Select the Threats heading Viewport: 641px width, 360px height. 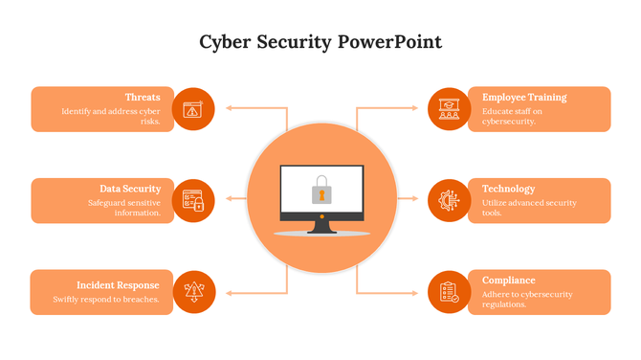142,97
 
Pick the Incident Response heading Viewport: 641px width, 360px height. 118,285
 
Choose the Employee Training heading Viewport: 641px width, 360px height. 524,97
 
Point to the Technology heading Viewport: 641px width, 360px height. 508,189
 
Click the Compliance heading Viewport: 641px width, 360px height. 508,281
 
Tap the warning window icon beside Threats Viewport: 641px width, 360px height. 193,108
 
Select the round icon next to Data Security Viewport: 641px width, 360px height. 193,200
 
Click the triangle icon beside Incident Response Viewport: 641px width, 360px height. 193,291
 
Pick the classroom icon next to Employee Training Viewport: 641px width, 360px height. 448,108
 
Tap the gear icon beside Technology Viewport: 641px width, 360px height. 448,200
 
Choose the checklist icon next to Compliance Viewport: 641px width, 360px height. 448,291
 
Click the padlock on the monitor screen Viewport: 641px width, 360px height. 321,190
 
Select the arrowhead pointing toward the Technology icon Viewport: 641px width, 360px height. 415,199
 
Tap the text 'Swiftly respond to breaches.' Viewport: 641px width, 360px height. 105,299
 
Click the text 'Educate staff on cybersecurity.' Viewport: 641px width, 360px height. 514,117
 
